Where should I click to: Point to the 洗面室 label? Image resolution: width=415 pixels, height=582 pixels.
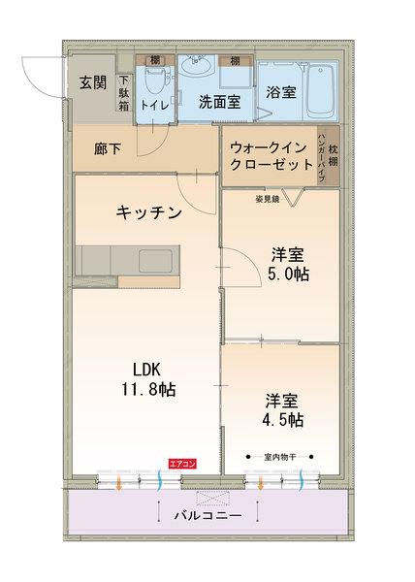[218, 100]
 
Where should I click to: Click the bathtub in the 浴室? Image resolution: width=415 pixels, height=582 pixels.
[317, 87]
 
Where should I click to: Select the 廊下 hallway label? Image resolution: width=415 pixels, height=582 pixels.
[109, 151]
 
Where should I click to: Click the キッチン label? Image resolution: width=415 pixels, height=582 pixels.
[148, 212]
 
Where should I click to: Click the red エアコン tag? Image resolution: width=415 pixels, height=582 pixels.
[182, 464]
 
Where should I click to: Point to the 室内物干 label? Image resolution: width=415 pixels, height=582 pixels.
[280, 456]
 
